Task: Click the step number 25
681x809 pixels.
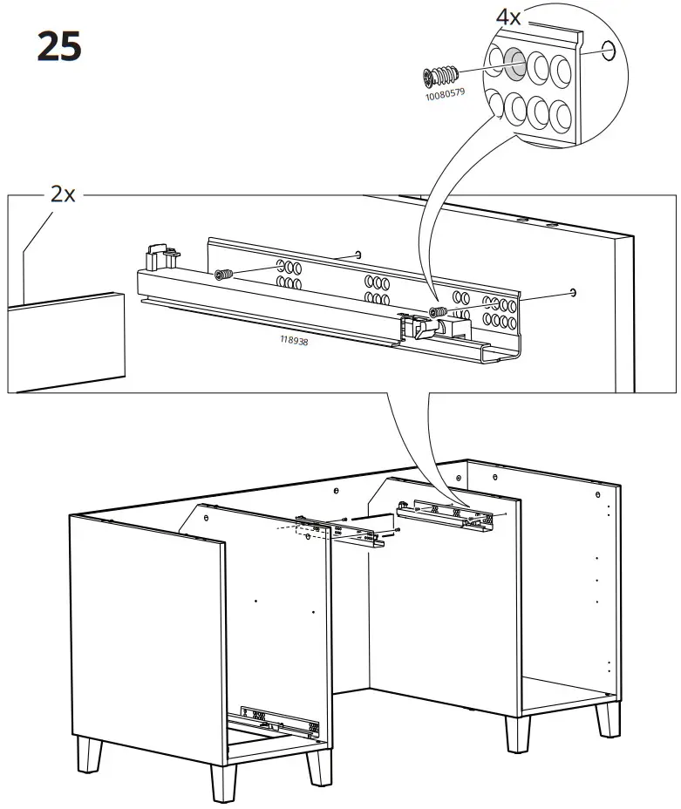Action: coord(59,48)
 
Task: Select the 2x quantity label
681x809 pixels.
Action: coord(62,194)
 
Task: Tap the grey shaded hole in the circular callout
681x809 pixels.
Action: coord(513,64)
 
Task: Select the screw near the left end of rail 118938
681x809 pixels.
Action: coord(224,274)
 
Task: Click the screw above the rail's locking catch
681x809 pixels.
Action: coord(438,311)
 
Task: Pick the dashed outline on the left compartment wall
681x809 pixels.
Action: coord(302,531)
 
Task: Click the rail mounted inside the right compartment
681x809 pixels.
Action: coord(446,515)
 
